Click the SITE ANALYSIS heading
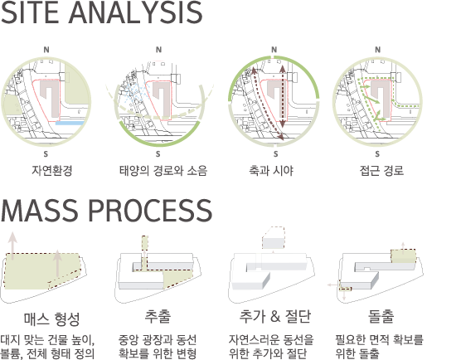(101, 12)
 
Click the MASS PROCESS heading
(106, 211)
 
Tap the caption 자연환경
(52, 171)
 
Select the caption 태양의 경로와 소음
(163, 171)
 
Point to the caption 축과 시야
(271, 171)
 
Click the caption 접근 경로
(381, 171)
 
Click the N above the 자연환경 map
(46, 50)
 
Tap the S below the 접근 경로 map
(377, 153)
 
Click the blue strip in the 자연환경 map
(70, 123)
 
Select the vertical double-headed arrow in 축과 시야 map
(282, 96)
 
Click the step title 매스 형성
(51, 319)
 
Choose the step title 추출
(158, 317)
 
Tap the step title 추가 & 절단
(275, 317)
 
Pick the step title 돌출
(381, 317)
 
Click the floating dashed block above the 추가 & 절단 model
(274, 237)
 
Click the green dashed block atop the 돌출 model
(403, 255)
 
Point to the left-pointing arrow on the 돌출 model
(333, 285)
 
